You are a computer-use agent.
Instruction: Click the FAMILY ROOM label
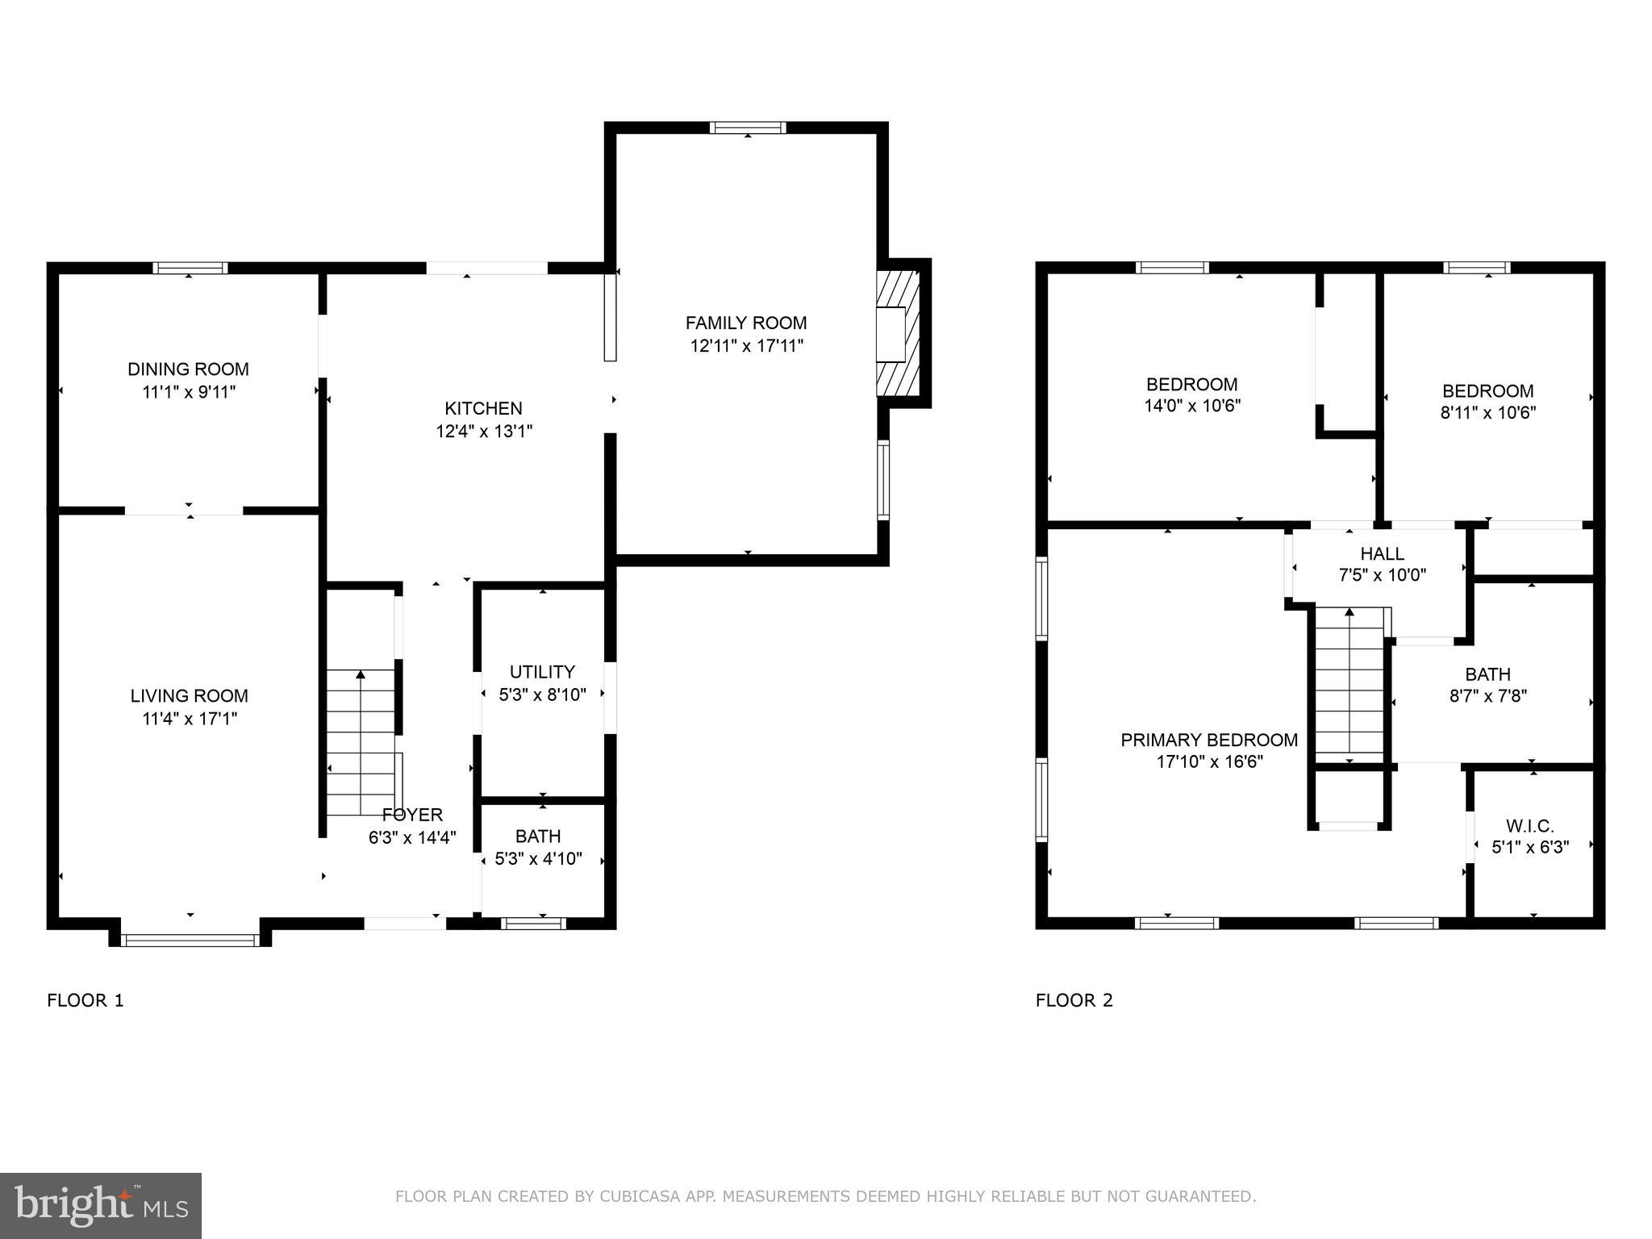click(x=746, y=323)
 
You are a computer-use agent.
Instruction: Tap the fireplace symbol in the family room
click(x=899, y=333)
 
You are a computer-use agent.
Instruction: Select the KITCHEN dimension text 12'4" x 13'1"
click(x=484, y=432)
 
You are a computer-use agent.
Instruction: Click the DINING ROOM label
click(x=188, y=369)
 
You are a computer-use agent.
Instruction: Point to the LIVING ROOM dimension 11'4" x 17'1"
click(x=190, y=719)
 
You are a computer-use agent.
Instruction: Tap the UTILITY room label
click(x=542, y=672)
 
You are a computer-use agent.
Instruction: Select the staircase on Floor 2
click(x=1350, y=684)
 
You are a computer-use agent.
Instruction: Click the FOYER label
click(x=412, y=815)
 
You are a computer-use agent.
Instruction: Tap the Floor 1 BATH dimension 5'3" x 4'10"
click(x=538, y=859)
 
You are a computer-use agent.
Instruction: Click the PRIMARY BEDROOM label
click(x=1209, y=740)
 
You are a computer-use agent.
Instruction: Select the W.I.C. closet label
click(x=1529, y=826)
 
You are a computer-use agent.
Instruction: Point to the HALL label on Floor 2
click(x=1382, y=554)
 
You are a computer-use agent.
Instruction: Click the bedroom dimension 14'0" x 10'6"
click(x=1192, y=406)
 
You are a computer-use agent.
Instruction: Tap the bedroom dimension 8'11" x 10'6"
click(x=1488, y=413)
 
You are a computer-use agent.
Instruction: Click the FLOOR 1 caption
click(x=86, y=1001)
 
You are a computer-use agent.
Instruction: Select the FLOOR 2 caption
click(x=1074, y=1001)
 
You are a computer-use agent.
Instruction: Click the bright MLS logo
click(x=101, y=1205)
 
